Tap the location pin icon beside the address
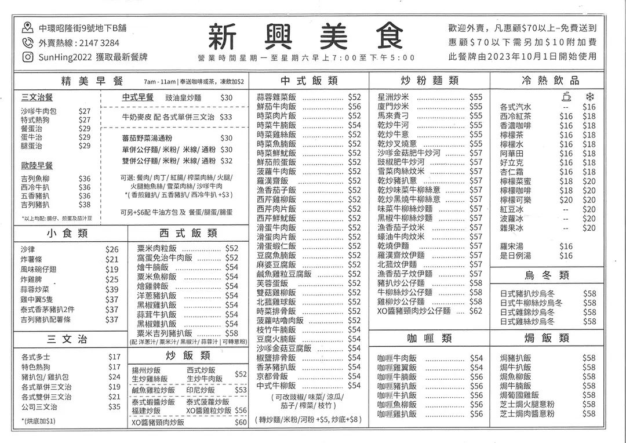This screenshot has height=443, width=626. [x=27, y=27]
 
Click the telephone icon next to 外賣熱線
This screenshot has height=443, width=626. [x=27, y=42]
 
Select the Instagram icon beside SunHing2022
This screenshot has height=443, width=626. [x=27, y=57]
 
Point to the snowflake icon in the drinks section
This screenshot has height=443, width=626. [x=589, y=96]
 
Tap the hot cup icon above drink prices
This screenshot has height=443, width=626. [x=566, y=96]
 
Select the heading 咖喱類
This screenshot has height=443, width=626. [x=429, y=338]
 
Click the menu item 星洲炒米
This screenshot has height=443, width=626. [x=394, y=97]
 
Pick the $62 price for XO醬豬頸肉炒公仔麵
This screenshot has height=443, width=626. [x=476, y=311]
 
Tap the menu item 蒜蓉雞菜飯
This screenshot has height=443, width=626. [x=276, y=97]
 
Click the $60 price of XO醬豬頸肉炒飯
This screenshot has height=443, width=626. [x=241, y=423]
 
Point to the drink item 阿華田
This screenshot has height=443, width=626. [x=511, y=153]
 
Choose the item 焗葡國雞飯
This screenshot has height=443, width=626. [x=519, y=395]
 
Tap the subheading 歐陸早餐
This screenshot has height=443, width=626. [x=37, y=165]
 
